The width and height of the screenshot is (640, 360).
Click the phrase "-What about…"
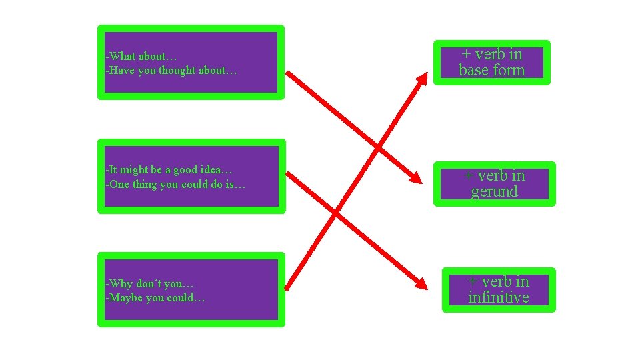(141, 56)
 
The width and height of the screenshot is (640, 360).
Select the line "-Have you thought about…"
(171, 70)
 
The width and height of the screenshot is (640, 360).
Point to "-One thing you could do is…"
(176, 185)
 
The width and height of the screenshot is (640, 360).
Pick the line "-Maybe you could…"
(155, 298)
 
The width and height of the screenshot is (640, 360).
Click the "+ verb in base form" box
(492, 63)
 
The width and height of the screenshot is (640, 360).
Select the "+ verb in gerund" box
(494, 184)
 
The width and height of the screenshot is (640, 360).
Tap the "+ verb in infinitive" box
(498, 289)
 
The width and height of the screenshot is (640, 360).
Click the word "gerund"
(494, 192)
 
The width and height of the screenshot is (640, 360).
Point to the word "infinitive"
(498, 297)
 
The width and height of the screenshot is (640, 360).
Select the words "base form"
(492, 70)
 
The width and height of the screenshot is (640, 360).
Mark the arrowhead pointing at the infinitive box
(421, 284)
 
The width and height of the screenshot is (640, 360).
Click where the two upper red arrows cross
(378, 146)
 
